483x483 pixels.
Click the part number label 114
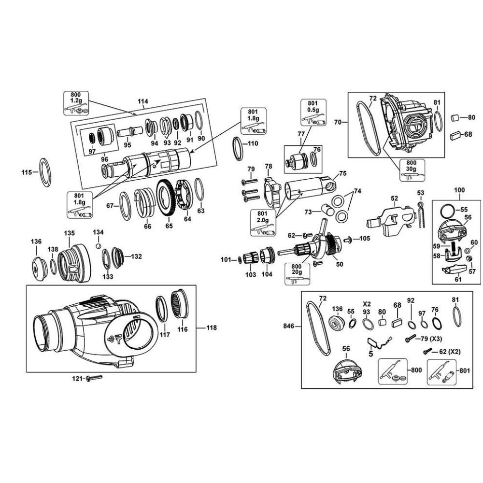143,101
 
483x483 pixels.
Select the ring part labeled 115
45,171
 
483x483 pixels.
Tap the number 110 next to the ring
253,143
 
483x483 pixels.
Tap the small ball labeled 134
98,245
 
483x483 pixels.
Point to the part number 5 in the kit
370,354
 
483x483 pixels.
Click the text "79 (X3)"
432,339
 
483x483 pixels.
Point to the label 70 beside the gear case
337,123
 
